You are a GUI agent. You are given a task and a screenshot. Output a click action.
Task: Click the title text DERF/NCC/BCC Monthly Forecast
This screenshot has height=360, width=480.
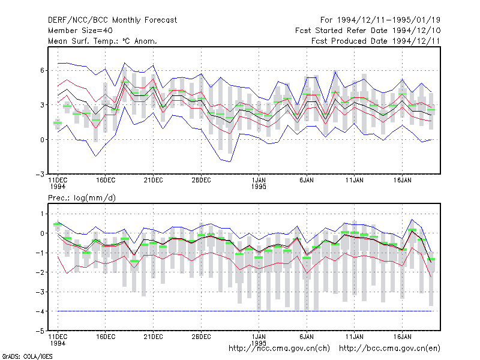112,20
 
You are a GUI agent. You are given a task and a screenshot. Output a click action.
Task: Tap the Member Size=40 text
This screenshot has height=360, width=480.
80,31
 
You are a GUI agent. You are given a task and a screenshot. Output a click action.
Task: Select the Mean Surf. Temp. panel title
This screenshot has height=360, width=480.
103,41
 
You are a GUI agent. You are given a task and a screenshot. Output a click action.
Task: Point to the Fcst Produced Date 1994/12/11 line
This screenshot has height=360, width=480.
376,41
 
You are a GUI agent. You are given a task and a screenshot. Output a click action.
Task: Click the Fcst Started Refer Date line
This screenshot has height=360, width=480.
368,31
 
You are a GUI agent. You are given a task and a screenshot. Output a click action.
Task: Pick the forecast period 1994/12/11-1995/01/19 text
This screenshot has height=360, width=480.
380,20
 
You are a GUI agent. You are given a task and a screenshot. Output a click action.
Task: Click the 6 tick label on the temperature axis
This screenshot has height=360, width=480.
42,70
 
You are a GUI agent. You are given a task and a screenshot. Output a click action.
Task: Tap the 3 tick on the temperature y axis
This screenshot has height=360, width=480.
42,105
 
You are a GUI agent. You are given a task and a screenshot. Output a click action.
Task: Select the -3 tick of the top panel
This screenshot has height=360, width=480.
40,174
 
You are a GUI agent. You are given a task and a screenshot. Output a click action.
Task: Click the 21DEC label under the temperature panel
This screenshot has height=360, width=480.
154,180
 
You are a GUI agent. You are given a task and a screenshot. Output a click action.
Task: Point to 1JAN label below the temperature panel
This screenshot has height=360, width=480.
259,180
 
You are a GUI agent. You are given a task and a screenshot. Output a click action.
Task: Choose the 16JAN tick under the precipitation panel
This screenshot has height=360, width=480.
402,337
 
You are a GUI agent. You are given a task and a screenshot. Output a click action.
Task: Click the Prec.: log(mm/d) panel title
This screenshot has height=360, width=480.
82,198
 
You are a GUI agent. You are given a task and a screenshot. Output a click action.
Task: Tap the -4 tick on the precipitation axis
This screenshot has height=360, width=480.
40,311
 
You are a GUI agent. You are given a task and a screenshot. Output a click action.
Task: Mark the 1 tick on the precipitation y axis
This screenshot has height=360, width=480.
42,214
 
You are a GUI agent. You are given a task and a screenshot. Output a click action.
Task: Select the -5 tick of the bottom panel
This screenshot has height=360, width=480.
40,331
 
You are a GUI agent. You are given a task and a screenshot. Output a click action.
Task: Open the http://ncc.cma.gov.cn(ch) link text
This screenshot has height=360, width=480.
279,349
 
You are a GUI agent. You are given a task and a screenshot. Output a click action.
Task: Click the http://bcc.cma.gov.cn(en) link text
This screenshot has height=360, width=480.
389,349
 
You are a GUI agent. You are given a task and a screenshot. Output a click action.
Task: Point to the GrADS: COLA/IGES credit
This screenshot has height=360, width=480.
27,356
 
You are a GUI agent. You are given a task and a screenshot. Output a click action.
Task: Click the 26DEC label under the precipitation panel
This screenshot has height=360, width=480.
201,337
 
